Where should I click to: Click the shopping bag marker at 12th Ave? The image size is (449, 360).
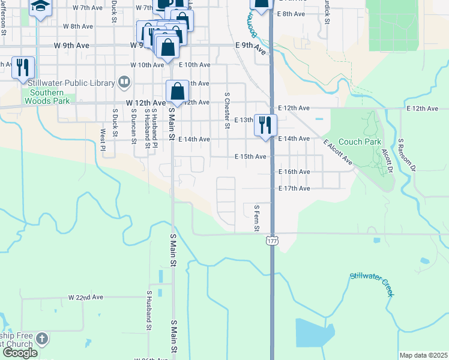tap(178, 92)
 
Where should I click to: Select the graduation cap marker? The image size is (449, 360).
tap(41, 7)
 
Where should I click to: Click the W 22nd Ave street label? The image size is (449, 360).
tap(86, 297)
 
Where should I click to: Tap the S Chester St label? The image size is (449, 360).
tap(227, 110)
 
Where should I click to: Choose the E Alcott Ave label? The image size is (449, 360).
tap(337, 152)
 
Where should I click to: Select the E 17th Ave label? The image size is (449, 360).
tap(294, 188)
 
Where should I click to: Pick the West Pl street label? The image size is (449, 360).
tap(103, 140)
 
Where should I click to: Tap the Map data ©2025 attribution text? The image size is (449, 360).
tap(423, 355)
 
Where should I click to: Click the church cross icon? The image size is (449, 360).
tap(41, 339)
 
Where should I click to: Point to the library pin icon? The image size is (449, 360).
tap(124, 81)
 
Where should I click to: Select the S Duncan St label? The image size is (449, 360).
tap(134, 127)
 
